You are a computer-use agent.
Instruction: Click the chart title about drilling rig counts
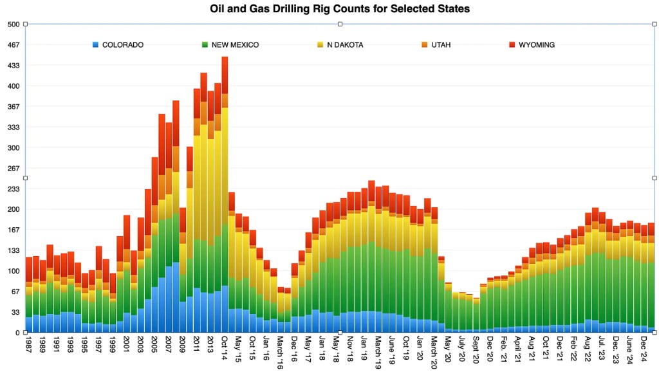point(340,9)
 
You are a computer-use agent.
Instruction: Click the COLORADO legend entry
point(122,45)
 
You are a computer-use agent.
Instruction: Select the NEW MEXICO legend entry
point(234,45)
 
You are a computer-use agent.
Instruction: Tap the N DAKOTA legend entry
point(345,45)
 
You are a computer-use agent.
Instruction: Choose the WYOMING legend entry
point(536,45)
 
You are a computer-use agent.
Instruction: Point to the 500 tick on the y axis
point(14,24)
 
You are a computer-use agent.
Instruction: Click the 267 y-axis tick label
point(14,169)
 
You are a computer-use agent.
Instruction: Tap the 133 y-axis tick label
point(14,251)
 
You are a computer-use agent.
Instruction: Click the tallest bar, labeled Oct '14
point(225,193)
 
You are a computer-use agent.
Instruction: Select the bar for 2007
point(169,225)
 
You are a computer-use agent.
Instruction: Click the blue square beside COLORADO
point(97,45)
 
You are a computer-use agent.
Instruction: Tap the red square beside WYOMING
point(512,45)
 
